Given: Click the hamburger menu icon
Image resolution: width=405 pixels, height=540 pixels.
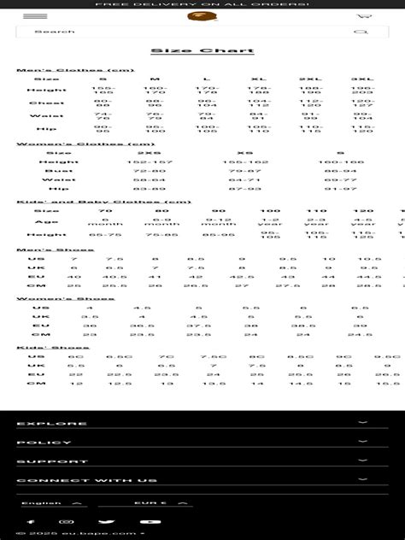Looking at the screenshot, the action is coord(35,16).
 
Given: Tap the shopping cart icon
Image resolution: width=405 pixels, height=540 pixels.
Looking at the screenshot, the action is coord(365,16).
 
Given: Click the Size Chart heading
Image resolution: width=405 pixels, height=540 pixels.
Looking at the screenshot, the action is coord(202,51).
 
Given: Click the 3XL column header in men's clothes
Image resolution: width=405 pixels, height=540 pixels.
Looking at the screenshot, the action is coord(362,79).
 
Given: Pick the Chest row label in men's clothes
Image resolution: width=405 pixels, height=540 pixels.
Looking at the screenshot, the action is coord(46,103).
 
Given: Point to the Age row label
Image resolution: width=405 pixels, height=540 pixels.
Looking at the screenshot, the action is coord(46,221).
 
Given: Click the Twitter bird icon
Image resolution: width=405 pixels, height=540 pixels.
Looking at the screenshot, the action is coord(105,521).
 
